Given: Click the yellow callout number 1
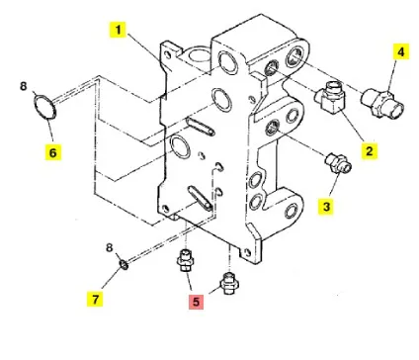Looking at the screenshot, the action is pos(118,30).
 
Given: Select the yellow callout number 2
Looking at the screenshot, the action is pos(370,150).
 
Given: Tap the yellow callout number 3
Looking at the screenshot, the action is pos(326,207).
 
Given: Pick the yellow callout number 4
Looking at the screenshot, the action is pos(401,51).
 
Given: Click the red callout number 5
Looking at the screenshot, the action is pos(196,302).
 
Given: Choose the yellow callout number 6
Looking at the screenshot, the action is pos(53,152).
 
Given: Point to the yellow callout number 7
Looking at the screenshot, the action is pos(95,299).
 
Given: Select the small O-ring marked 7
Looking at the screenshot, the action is pos(124,264).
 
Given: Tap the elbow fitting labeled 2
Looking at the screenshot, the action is pos(329,98).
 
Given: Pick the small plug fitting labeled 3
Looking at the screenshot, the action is pos(338,163).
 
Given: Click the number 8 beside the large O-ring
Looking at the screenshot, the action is pos(23,86).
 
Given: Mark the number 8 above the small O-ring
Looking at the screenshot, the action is pos(110,247).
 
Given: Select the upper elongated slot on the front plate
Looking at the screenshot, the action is pos(201,127).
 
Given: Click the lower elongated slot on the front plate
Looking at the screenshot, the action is pos(200,198).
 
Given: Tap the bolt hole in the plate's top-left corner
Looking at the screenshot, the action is pos(168,54).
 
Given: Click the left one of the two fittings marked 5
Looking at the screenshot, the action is pos(186,260).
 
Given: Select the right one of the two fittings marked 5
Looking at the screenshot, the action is pos(228,283).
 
